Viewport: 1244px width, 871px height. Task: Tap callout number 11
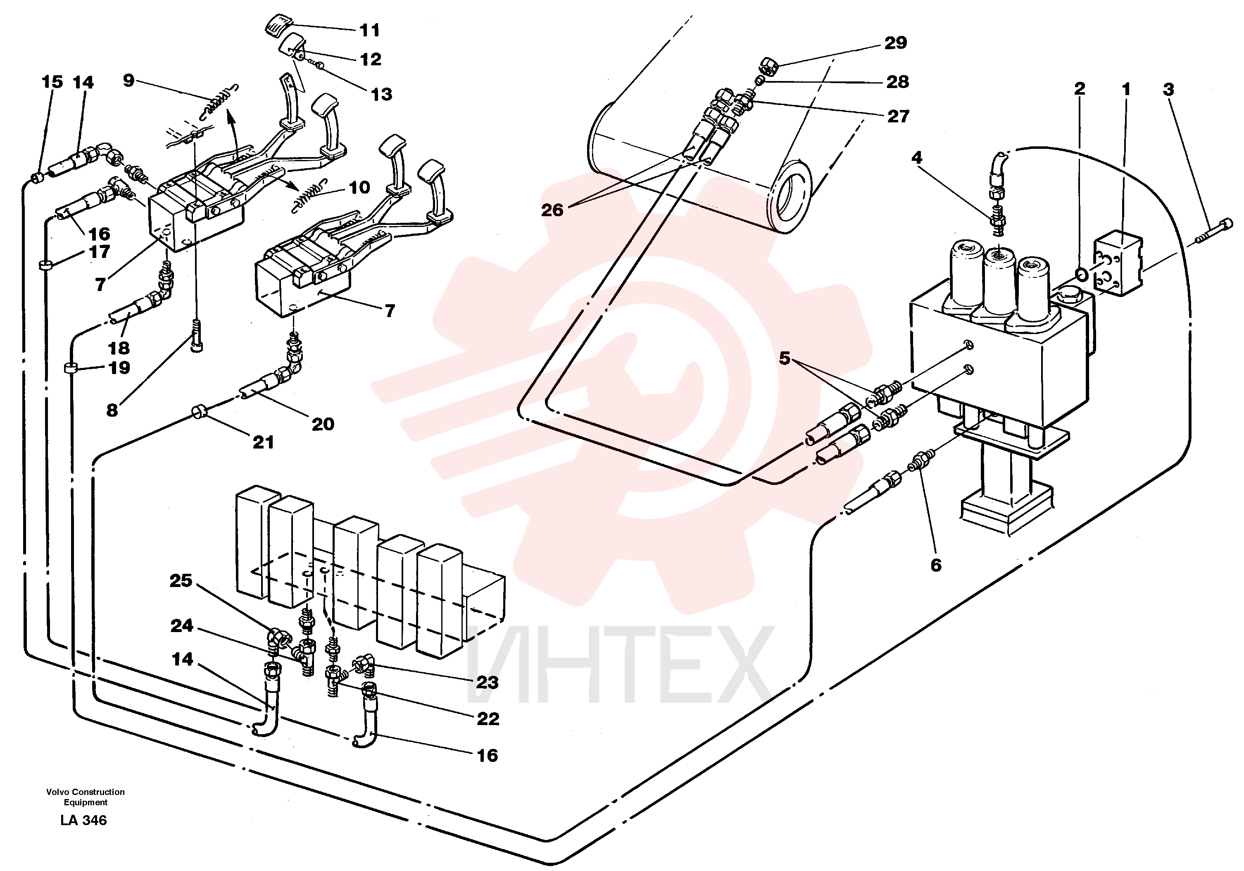(370, 30)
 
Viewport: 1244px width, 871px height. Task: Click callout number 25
(181, 580)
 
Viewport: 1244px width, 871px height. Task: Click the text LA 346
(83, 820)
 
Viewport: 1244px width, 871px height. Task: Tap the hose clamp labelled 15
(37, 178)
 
